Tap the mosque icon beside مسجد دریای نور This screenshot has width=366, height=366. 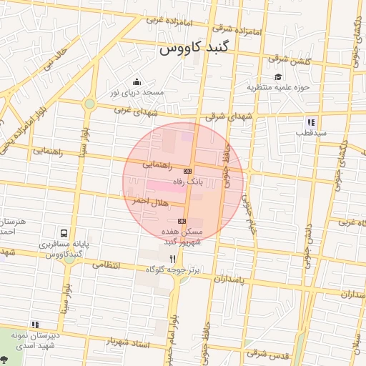pyautogui.click(x=137, y=81)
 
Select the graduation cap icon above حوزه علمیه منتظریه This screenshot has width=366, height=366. pyautogui.click(x=277, y=76)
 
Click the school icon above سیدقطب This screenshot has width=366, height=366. pyautogui.click(x=311, y=122)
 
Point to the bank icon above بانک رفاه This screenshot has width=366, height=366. pyautogui.click(x=187, y=171)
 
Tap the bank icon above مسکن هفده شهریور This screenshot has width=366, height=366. pyautogui.click(x=182, y=221)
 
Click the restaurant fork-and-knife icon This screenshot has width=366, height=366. pyautogui.click(x=172, y=258)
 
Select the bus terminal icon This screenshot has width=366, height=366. pyautogui.click(x=64, y=233)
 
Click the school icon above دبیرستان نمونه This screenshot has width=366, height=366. pyautogui.click(x=35, y=325)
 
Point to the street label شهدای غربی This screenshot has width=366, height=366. pyautogui.click(x=133, y=109)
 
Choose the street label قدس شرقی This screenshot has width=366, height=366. pyautogui.click(x=265, y=353)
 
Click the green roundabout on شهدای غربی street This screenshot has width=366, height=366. pyautogui.click(x=89, y=104)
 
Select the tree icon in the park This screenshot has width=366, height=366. pyautogui.click(x=6, y=359)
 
